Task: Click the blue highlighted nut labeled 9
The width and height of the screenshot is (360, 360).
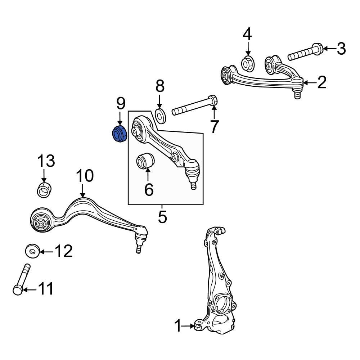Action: pos(119,134)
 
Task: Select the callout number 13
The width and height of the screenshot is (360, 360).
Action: pos(46,161)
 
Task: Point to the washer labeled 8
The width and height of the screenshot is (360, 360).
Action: pos(160,116)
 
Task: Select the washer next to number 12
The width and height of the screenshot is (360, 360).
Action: pos(33,251)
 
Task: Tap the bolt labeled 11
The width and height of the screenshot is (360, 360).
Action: pos(21,279)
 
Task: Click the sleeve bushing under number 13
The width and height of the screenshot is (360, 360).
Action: pos(44,190)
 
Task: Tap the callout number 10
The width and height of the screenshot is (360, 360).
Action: pos(85,176)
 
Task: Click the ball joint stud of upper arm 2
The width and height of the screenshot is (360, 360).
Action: pos(297,94)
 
